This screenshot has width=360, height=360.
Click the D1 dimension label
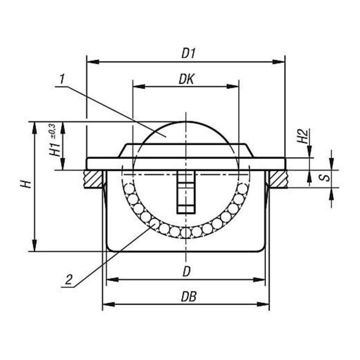(x=188, y=53)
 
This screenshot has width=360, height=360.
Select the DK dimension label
(x=186, y=79)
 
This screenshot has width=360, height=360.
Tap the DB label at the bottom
(x=188, y=296)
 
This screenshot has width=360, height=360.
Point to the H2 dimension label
(x=302, y=136)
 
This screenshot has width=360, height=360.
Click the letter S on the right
(x=326, y=177)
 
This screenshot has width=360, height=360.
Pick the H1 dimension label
(x=55, y=149)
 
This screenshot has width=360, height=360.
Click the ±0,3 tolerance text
(x=52, y=131)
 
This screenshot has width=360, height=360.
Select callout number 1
(x=61, y=79)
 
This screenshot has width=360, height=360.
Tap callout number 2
(x=68, y=280)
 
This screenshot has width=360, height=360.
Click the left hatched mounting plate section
(x=93, y=179)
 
